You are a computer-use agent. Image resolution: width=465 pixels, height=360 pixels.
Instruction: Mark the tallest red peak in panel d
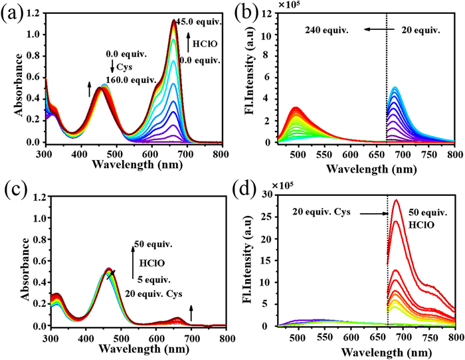coord(396,200)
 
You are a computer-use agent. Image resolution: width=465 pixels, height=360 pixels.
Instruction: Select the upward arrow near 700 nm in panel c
coord(191,308)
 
